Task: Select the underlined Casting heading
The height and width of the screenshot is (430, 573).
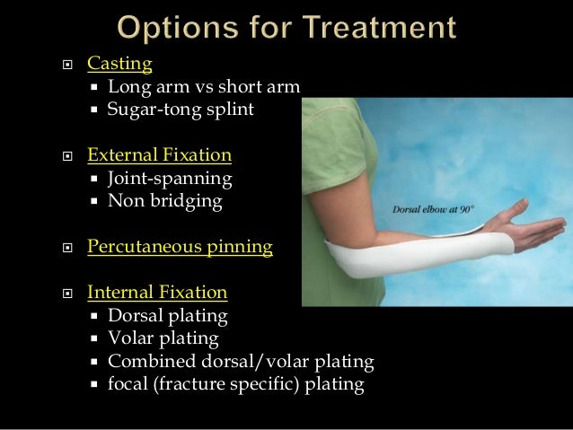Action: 119,64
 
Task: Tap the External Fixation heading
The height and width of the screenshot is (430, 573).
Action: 159,155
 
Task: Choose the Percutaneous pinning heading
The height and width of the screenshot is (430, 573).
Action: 180,246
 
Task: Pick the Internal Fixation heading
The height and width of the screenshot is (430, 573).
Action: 157,293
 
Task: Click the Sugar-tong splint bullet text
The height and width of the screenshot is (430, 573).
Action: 181,110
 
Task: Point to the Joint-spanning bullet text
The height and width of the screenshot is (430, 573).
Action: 170,178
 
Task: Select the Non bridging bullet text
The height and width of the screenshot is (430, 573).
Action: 164,201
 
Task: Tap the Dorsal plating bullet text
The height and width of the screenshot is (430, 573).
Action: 167,316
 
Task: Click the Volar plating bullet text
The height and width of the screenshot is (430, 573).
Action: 163,338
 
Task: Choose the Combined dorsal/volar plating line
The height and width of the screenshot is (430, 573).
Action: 241,362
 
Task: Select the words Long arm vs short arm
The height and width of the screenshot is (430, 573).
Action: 203,87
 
